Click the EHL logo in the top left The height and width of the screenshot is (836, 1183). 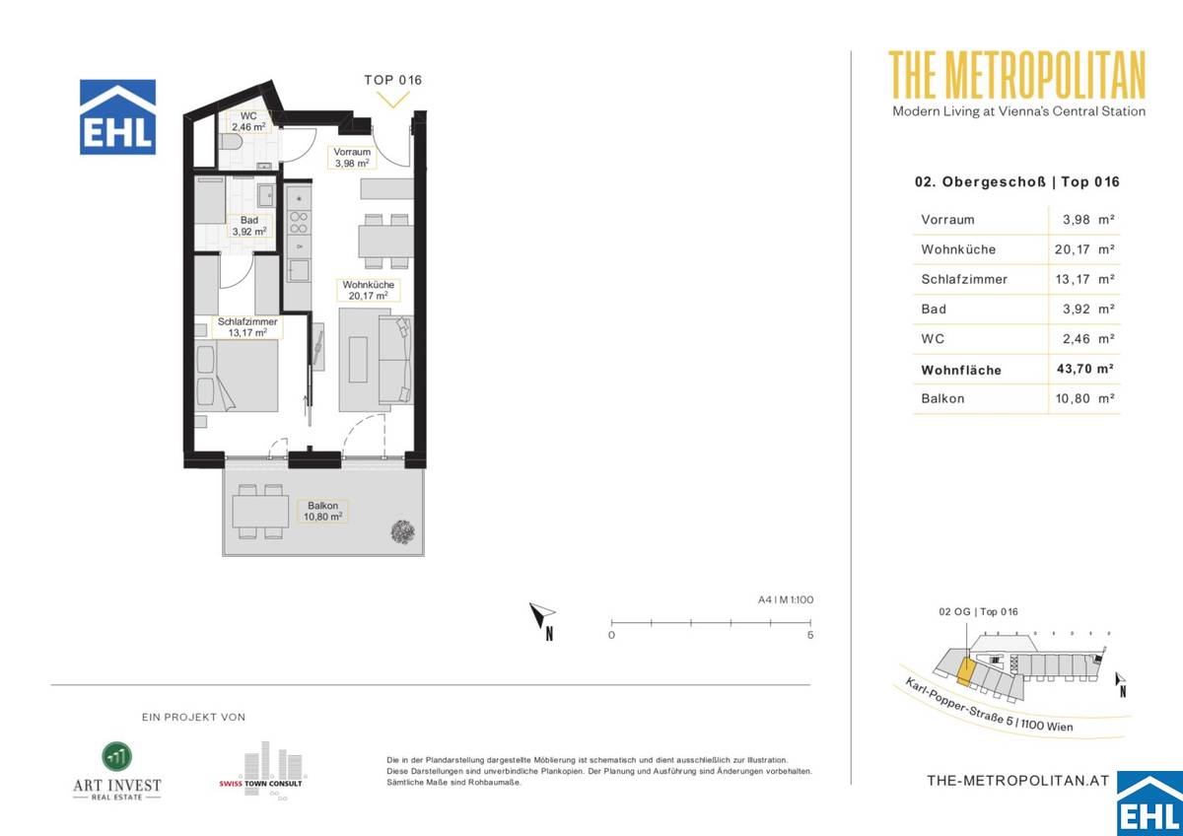click(x=117, y=117)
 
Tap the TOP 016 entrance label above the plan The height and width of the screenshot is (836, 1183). click(x=392, y=80)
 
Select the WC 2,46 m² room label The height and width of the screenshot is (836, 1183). click(x=248, y=121)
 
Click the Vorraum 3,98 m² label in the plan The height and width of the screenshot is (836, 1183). click(x=351, y=157)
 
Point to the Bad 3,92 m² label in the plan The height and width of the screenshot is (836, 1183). click(x=248, y=226)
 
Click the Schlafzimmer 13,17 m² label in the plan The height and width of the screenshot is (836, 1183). click(x=247, y=327)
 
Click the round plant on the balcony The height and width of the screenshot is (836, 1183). click(x=402, y=532)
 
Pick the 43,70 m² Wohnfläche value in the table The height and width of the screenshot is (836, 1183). click(x=1084, y=370)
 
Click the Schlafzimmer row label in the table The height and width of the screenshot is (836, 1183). click(x=964, y=279)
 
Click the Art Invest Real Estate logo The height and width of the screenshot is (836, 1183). click(x=117, y=770)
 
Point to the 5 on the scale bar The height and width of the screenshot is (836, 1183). click(x=809, y=636)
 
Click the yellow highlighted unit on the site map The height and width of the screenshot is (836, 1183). click(x=966, y=672)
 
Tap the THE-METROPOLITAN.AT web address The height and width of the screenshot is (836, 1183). click(x=1018, y=780)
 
